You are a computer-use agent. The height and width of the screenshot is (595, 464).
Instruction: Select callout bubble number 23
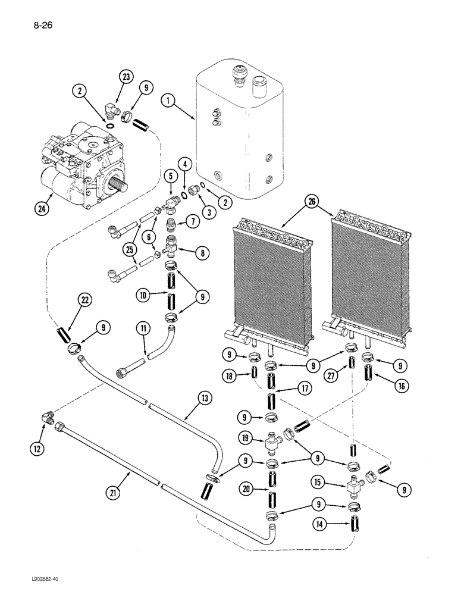126,77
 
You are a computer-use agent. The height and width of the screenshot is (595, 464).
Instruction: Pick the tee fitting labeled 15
355,485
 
